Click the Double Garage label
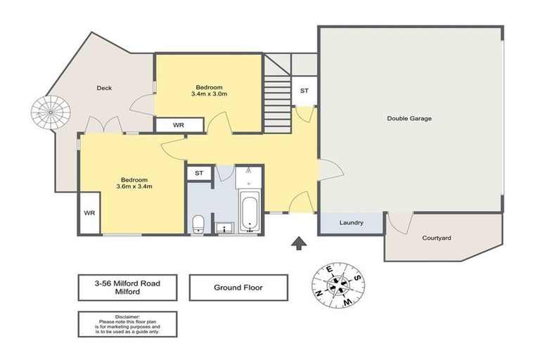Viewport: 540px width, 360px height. coord(409,119)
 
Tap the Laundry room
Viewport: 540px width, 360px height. coord(351,223)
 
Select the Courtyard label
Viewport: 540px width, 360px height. coord(437,238)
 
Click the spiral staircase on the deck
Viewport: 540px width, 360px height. coord(51,112)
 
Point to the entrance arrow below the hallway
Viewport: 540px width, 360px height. coord(299,243)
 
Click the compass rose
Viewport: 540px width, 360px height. coord(338,285)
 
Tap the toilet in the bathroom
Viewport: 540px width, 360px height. coord(198,224)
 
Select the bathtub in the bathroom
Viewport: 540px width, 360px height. coord(250,212)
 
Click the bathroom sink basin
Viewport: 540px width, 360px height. coord(224,228)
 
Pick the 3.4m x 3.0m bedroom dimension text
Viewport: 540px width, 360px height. coord(209,94)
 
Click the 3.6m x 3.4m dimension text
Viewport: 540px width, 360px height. coord(134,186)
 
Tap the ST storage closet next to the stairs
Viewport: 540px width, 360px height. coord(304,91)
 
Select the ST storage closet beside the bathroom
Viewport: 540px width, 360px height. coord(199,173)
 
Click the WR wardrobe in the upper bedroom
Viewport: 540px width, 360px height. coord(179,125)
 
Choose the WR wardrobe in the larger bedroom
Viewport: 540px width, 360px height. coord(89,213)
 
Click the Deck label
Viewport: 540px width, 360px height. coord(104,88)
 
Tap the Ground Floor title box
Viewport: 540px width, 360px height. coord(238,288)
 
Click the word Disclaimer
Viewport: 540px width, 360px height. coord(127,316)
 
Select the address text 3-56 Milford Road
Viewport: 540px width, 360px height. coord(127,283)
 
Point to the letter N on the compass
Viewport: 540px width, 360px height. coord(319,294)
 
